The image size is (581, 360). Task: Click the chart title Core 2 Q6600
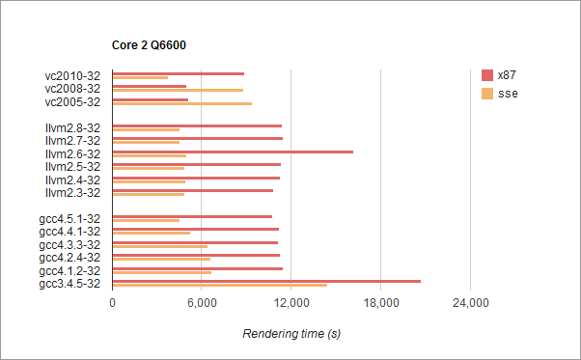pos(152,45)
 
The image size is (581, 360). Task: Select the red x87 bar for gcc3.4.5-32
pos(266,281)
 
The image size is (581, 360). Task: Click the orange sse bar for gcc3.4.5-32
pos(220,285)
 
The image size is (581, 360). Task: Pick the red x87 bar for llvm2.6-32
pos(233,152)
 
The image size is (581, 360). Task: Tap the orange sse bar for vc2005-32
pos(182,103)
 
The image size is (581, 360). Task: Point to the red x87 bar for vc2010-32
pos(179,73)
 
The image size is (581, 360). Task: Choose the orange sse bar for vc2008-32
pos(178,90)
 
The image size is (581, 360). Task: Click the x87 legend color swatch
pos(487,75)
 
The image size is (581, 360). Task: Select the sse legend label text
pos(507,94)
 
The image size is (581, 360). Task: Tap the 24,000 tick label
pos(470,304)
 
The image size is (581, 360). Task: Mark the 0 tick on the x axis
pos(113,304)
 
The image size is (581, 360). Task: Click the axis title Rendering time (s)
pos(291,334)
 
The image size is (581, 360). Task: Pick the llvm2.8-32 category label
pos(73,127)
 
